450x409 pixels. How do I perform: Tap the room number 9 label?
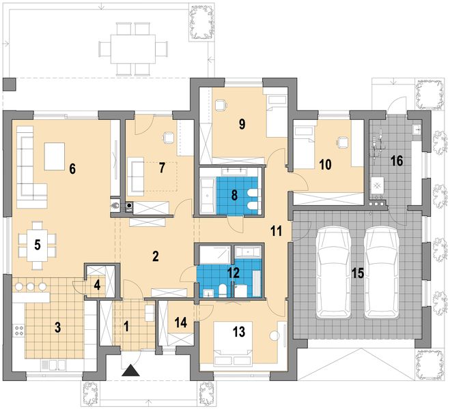pyautogui.click(x=242, y=124)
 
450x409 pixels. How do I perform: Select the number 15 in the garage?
pyautogui.click(x=358, y=273)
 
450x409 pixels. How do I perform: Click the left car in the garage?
pyautogui.click(x=333, y=273)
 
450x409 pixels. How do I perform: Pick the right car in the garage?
pyautogui.click(x=382, y=273)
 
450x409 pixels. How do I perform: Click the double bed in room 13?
pyautogui.click(x=233, y=344)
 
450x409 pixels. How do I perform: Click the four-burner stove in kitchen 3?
pyautogui.click(x=18, y=330)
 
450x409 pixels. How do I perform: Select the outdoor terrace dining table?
pyautogui.click(x=133, y=49)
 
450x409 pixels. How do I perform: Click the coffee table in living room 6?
pyautogui.click(x=54, y=156)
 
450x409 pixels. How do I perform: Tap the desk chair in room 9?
pyautogui.click(x=221, y=105)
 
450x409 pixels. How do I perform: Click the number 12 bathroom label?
pyautogui.click(x=234, y=273)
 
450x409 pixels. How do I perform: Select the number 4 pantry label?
pyautogui.click(x=97, y=285)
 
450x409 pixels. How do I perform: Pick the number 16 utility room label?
pyautogui.click(x=397, y=161)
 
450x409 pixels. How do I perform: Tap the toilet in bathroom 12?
pyautogui.click(x=223, y=290)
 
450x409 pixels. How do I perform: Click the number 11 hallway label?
pyautogui.click(x=276, y=231)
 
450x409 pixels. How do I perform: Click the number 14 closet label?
pyautogui.click(x=181, y=322)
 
